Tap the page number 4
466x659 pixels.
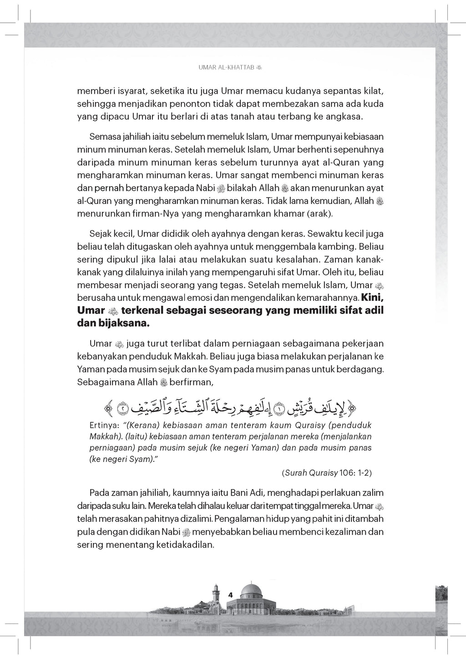(x=231, y=595)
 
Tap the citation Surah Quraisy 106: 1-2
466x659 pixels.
(x=326, y=473)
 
